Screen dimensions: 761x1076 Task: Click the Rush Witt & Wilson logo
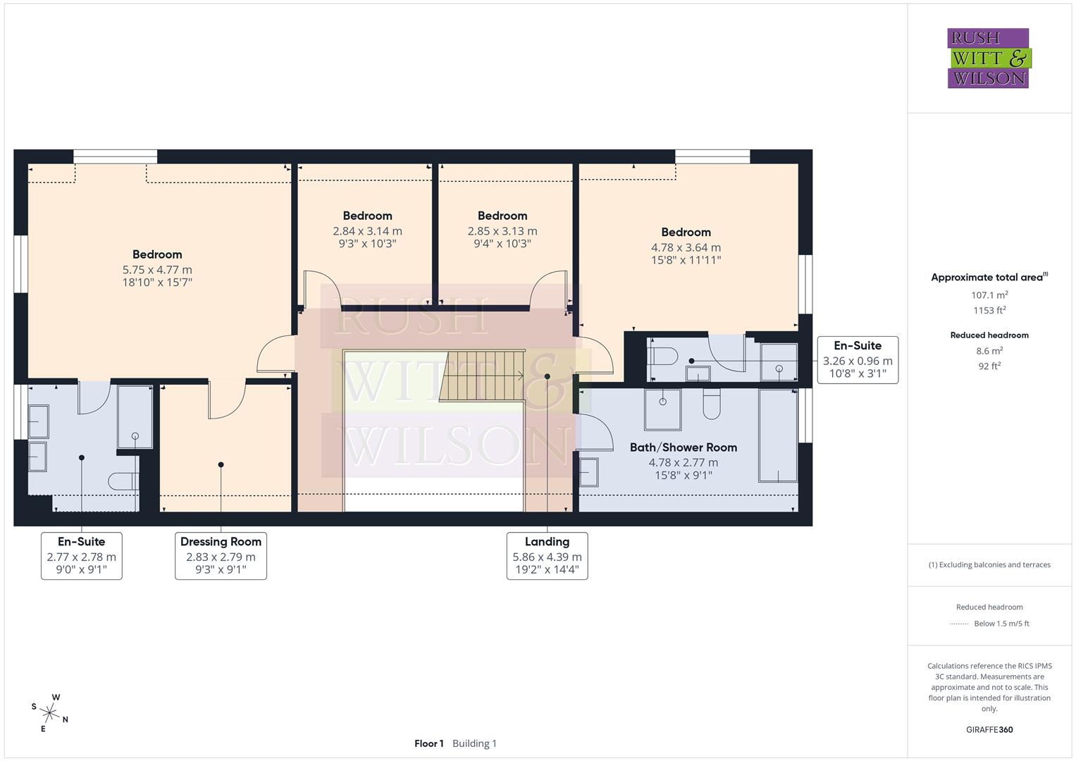coord(988,58)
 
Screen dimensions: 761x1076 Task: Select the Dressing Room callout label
coord(221,555)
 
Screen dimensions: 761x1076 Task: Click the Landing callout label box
coord(547,555)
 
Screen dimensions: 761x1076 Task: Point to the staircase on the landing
coord(482,376)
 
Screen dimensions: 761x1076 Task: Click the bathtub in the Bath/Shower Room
coord(778,435)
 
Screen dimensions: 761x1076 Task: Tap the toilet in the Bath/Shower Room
coord(711,404)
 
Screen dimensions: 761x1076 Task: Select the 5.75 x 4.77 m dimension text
coord(157,270)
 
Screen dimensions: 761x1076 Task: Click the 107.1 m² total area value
coord(989,295)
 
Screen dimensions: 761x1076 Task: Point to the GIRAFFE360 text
coord(989,729)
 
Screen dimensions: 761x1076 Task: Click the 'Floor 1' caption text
coord(428,743)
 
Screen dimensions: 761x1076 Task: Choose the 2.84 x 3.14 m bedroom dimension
coord(367,231)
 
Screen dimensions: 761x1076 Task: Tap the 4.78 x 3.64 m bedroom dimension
coord(686,247)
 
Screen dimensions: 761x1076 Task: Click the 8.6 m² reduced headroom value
coord(989,351)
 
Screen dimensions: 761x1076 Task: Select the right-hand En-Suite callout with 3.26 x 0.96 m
coord(858,360)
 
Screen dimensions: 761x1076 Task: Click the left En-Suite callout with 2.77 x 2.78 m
coord(82,555)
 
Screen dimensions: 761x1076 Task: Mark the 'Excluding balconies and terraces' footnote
coord(989,564)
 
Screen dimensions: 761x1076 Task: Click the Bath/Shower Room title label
coord(683,447)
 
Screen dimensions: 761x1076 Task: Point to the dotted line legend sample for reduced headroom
coord(958,624)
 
